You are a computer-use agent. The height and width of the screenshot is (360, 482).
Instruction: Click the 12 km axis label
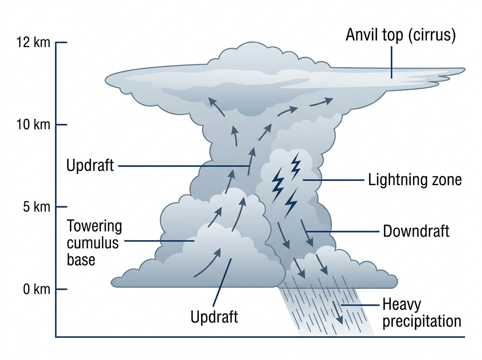click(33, 42)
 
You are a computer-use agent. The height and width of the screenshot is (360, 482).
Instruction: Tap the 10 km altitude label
click(33, 125)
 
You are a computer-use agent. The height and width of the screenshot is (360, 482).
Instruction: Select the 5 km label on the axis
click(37, 207)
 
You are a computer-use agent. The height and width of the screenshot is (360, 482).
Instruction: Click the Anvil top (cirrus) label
click(401, 35)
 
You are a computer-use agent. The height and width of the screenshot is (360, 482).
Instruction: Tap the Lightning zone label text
click(415, 180)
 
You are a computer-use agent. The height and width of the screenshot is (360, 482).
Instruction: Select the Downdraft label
click(416, 231)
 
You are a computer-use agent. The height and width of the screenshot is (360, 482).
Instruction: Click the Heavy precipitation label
click(422, 313)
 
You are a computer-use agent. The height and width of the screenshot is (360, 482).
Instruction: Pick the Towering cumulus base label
click(94, 243)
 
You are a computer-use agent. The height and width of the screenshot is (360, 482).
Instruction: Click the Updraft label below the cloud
click(214, 317)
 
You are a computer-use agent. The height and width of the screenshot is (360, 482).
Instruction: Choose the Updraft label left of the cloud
click(90, 165)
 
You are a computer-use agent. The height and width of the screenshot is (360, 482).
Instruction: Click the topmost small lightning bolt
click(295, 166)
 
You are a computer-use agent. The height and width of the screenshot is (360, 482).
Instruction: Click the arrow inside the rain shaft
click(337, 312)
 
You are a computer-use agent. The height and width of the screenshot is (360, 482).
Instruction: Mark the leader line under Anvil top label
click(391, 62)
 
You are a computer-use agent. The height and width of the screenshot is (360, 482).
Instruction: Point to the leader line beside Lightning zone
click(333, 180)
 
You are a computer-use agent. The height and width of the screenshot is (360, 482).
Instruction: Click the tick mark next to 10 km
click(61, 125)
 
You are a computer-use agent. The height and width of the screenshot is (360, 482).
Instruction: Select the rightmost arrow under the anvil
click(321, 102)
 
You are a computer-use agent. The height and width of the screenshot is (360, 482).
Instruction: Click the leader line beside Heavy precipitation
click(360, 305)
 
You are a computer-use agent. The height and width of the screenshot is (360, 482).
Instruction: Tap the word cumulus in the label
click(93, 243)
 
